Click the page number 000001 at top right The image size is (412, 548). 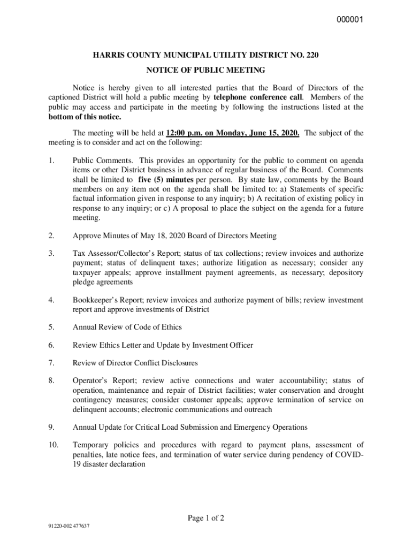tap(350, 20)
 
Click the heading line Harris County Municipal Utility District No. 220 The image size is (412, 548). tap(205, 56)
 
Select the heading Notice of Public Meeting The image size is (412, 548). tap(205, 70)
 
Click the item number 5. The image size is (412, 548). tap(51, 327)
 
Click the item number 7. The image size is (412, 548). tap(51, 363)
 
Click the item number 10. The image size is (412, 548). tap(52, 445)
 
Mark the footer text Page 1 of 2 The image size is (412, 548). tap(205, 517)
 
